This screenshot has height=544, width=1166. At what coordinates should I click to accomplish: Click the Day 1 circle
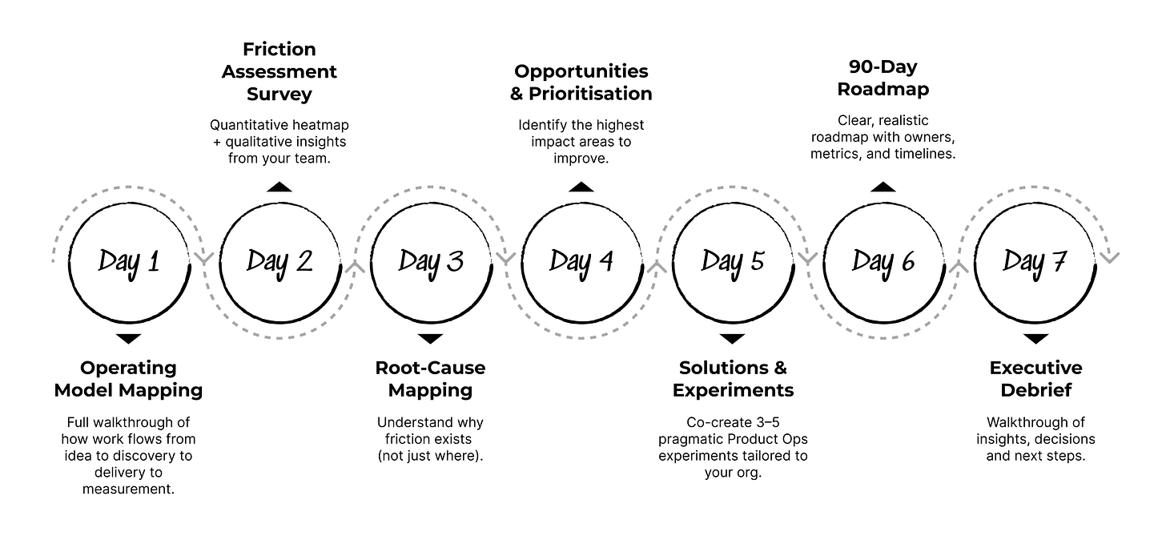click(x=129, y=261)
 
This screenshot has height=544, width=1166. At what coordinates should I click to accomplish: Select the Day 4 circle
click(x=581, y=261)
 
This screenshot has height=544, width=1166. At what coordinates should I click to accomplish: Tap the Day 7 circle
click(x=1035, y=261)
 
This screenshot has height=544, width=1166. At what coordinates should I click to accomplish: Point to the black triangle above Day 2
click(x=279, y=187)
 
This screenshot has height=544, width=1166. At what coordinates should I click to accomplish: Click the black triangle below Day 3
click(x=431, y=338)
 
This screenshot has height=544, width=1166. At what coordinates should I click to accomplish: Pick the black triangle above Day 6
click(x=883, y=187)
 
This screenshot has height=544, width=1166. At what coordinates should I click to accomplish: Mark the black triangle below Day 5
click(x=733, y=338)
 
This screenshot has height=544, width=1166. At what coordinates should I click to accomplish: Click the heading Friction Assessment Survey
click(x=279, y=72)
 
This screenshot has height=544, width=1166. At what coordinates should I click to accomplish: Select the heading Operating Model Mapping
click(x=129, y=379)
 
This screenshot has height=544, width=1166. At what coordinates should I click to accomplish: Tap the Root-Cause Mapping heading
click(x=431, y=379)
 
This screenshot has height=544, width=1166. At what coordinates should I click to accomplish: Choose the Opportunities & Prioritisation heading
click(x=581, y=83)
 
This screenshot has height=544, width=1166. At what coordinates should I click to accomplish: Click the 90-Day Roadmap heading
click(x=883, y=78)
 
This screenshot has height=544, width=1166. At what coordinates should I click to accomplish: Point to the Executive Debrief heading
click(x=1035, y=379)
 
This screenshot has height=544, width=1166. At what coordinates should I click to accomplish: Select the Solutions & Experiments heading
click(x=733, y=379)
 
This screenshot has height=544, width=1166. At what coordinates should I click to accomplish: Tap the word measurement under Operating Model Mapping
click(x=128, y=488)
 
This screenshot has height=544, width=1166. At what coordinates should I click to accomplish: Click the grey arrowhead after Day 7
click(x=1110, y=257)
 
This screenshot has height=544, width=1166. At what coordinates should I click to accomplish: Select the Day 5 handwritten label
click(x=733, y=261)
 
